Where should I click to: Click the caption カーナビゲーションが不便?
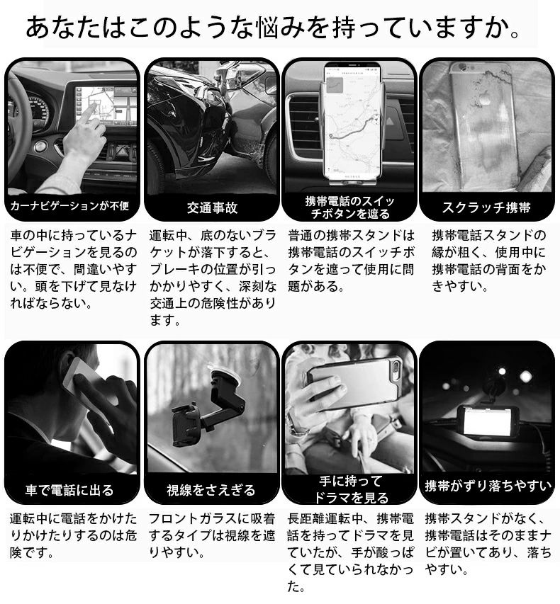point(69,206)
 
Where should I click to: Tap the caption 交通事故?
point(212,208)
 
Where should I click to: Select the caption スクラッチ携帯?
point(486,207)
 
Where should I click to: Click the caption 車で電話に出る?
point(69,490)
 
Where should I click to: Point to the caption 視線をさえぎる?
point(211,490)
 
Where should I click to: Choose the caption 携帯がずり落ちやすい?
point(488,486)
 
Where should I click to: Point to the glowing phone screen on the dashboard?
point(488,422)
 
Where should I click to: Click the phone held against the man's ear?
point(86,380)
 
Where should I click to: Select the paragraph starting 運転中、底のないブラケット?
point(213,278)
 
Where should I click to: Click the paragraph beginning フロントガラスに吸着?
point(212,535)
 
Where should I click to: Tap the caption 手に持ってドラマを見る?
point(351,489)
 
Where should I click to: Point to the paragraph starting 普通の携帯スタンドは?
point(351,261)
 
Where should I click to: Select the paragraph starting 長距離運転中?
point(350,552)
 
